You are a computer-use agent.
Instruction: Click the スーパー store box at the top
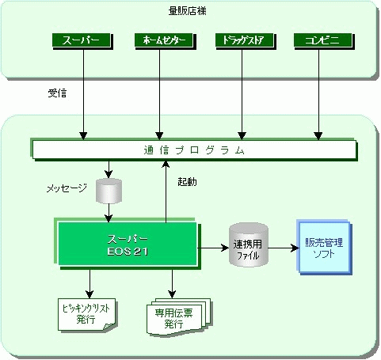[x=82, y=41]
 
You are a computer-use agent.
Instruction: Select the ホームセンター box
[x=166, y=41]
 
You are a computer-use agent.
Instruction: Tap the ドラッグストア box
[x=246, y=41]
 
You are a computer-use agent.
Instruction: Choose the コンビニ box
[x=324, y=41]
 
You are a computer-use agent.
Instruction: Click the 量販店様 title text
[x=188, y=11]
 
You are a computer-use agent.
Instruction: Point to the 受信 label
[x=57, y=93]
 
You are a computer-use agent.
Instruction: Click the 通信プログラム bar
[x=194, y=150]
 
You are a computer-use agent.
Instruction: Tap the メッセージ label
[x=67, y=188]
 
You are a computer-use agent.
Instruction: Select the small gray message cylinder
[x=109, y=191]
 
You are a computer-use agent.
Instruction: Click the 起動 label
[x=187, y=182]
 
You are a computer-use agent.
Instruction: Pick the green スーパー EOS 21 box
[x=128, y=244]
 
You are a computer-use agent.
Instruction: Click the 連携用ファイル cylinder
[x=249, y=244]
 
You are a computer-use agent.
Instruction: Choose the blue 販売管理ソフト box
[x=324, y=248]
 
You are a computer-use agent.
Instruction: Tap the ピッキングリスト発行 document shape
[x=87, y=314]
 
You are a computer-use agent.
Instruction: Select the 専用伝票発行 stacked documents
[x=179, y=317]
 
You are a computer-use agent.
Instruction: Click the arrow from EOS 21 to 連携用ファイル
[x=213, y=248]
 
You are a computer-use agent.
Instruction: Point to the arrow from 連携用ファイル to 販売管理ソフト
[x=284, y=248]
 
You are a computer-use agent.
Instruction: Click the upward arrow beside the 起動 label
[x=166, y=191]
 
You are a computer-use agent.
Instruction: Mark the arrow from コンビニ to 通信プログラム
[x=318, y=94]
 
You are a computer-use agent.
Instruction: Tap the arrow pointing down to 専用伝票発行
[x=172, y=284]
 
